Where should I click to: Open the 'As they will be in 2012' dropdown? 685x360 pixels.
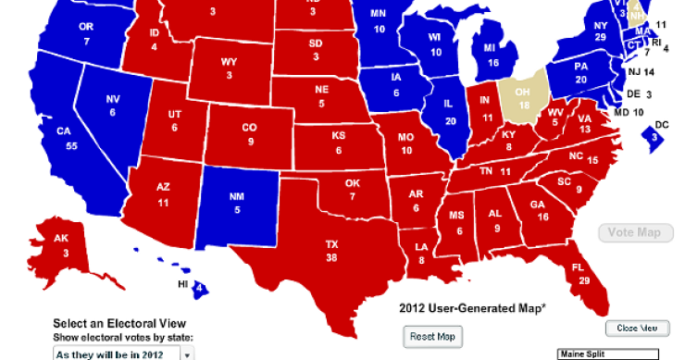coord(122,354)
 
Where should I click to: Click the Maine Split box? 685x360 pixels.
coord(606,354)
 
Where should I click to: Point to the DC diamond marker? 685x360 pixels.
coord(653,136)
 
